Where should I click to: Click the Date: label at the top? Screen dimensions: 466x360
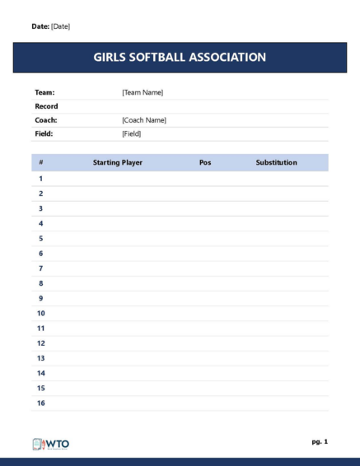click(40, 26)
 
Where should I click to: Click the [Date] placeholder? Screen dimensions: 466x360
click(61, 26)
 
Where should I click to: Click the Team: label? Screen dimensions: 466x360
click(44, 92)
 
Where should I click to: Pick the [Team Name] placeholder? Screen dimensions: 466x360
click(143, 92)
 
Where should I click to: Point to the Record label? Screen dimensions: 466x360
click(46, 106)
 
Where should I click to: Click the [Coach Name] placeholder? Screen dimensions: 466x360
click(144, 120)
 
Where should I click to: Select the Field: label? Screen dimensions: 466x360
click(44, 133)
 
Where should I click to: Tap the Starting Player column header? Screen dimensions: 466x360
click(118, 163)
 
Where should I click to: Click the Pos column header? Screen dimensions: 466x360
click(205, 163)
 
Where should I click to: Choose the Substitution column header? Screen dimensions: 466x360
click(276, 163)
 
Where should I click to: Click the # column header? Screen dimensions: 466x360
click(40, 163)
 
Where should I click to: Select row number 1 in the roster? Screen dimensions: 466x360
click(40, 179)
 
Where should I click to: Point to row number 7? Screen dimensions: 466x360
click(40, 268)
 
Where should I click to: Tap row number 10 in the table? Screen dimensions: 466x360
click(41, 313)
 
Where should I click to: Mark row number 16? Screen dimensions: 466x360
click(41, 403)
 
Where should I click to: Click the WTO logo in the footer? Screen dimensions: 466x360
click(50, 444)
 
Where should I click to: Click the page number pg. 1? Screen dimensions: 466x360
click(320, 442)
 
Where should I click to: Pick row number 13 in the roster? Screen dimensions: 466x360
click(41, 358)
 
